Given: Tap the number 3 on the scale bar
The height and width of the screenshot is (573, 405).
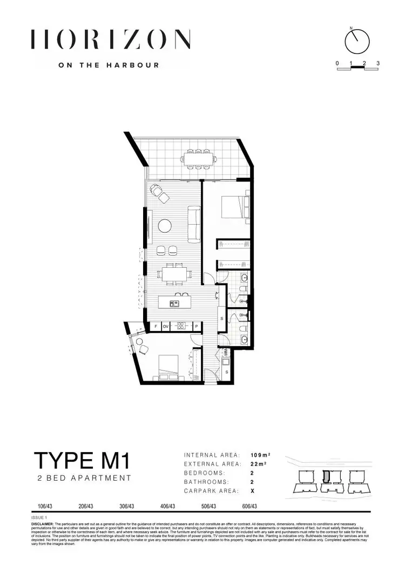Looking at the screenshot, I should click(x=378, y=63).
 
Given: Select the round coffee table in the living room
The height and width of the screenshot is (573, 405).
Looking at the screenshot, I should click(x=165, y=225).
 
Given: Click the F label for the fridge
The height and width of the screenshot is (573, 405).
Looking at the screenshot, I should click(x=156, y=326).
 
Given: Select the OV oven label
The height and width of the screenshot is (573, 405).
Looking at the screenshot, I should click(x=166, y=326).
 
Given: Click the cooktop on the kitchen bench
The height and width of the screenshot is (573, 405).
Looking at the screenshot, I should click(x=182, y=326).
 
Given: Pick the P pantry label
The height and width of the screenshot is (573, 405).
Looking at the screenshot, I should click(x=197, y=326).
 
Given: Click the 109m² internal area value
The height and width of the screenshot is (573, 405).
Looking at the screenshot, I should click(x=261, y=455).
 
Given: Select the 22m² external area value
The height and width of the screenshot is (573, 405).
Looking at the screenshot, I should click(x=259, y=464).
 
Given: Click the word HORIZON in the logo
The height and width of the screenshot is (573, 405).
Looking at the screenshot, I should click(x=111, y=39).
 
